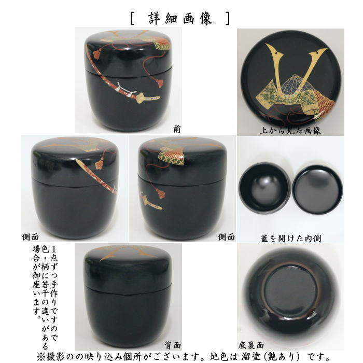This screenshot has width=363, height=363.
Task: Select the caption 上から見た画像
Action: tap(290, 130)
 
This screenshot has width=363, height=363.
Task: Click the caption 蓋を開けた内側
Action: tap(290, 238)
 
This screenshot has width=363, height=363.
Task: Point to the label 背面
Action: tap(173, 344)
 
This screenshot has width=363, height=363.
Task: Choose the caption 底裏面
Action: tap(251, 344)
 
